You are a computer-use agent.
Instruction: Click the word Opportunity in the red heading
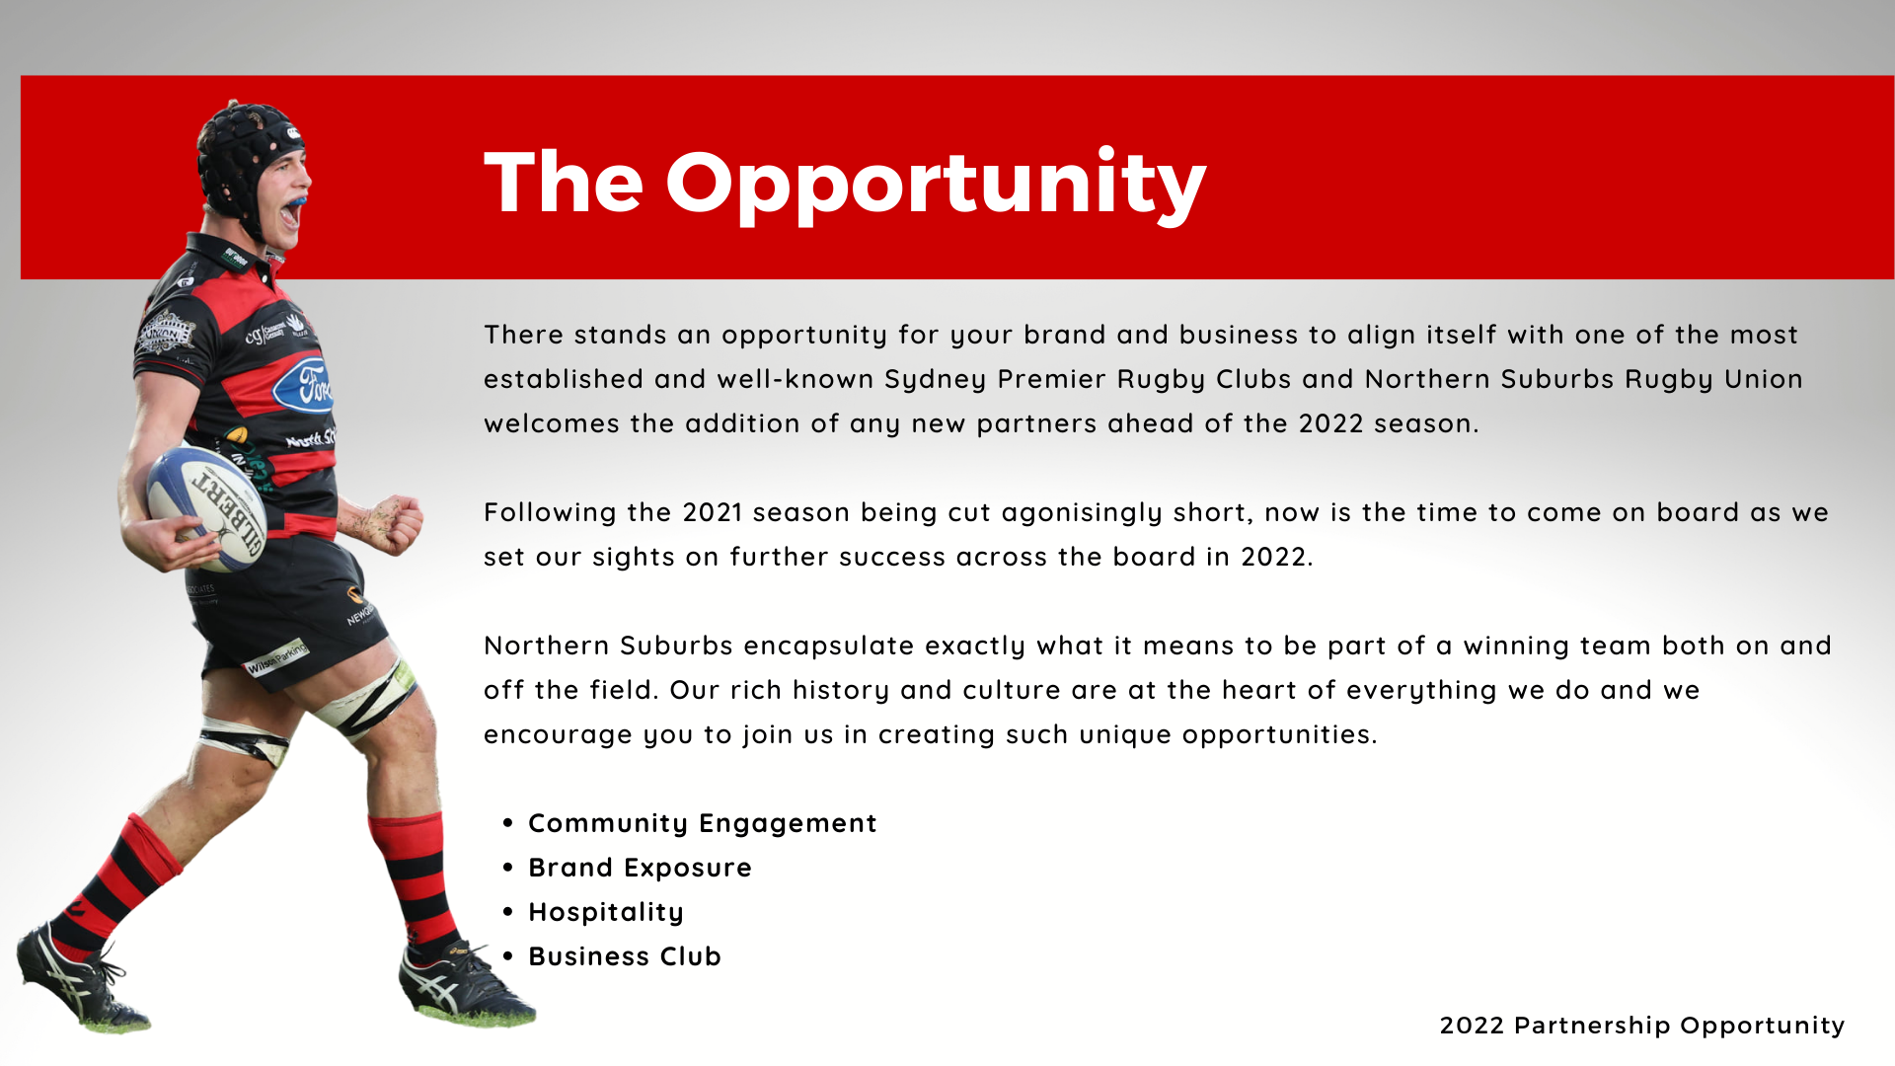coord(936,186)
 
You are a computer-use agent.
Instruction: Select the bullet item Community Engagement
coord(703,824)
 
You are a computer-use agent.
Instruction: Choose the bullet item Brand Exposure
coord(640,868)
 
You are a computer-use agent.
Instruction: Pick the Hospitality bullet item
coord(606,913)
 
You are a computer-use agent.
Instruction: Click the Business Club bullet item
coord(625,956)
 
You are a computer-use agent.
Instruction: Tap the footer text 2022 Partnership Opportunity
coord(1642,1027)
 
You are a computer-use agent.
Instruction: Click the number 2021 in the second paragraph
coord(712,512)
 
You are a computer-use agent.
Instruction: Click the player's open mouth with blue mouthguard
coord(292,210)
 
